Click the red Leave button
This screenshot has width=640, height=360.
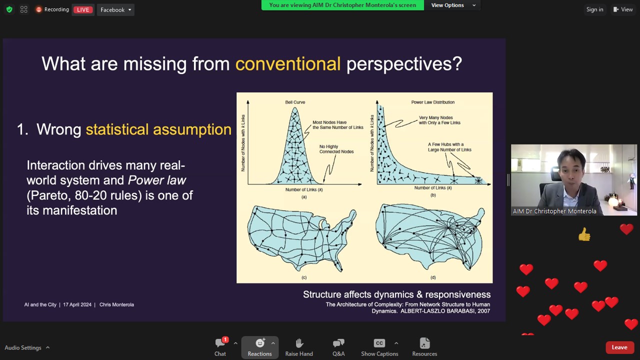619,347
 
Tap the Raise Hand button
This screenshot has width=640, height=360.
299,347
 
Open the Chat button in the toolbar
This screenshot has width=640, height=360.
220,347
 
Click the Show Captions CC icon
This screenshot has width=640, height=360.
379,343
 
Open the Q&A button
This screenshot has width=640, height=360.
338,347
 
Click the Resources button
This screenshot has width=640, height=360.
424,347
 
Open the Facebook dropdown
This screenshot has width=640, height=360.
115,9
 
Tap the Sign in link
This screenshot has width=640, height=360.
594,9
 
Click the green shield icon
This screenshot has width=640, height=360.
9,9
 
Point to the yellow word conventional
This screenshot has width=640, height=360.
287,63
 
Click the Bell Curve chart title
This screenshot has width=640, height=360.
295,102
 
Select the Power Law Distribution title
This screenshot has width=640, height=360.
433,102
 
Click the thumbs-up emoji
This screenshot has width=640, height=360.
584,234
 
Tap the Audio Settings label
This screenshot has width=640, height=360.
23,347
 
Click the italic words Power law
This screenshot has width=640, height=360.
157,180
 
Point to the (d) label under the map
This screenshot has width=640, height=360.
433,277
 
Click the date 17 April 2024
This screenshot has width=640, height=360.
77,304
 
